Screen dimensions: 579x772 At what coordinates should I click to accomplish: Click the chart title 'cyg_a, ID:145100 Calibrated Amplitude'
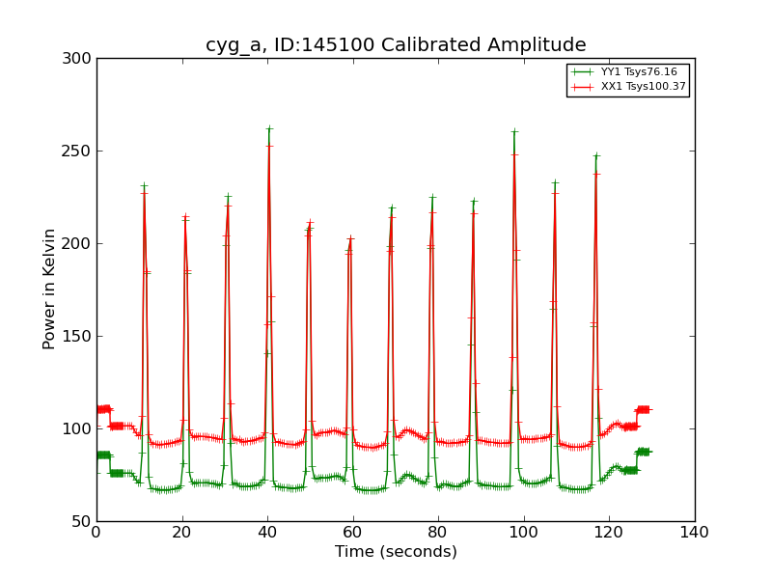396,45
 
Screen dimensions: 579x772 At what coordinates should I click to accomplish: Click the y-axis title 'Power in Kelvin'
49,289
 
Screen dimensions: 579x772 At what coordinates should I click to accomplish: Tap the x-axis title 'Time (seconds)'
396,552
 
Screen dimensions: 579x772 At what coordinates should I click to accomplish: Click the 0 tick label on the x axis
96,532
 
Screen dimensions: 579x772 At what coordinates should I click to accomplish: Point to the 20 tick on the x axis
182,532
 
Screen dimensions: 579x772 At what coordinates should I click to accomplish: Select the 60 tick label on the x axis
353,532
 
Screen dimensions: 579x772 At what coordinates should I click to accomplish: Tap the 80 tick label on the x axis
438,532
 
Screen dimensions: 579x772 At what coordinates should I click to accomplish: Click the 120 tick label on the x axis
609,532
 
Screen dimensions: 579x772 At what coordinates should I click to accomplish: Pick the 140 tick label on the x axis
695,532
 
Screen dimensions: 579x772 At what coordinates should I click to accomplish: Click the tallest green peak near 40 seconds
269,128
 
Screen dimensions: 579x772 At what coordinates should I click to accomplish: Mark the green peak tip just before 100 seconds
514,132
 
